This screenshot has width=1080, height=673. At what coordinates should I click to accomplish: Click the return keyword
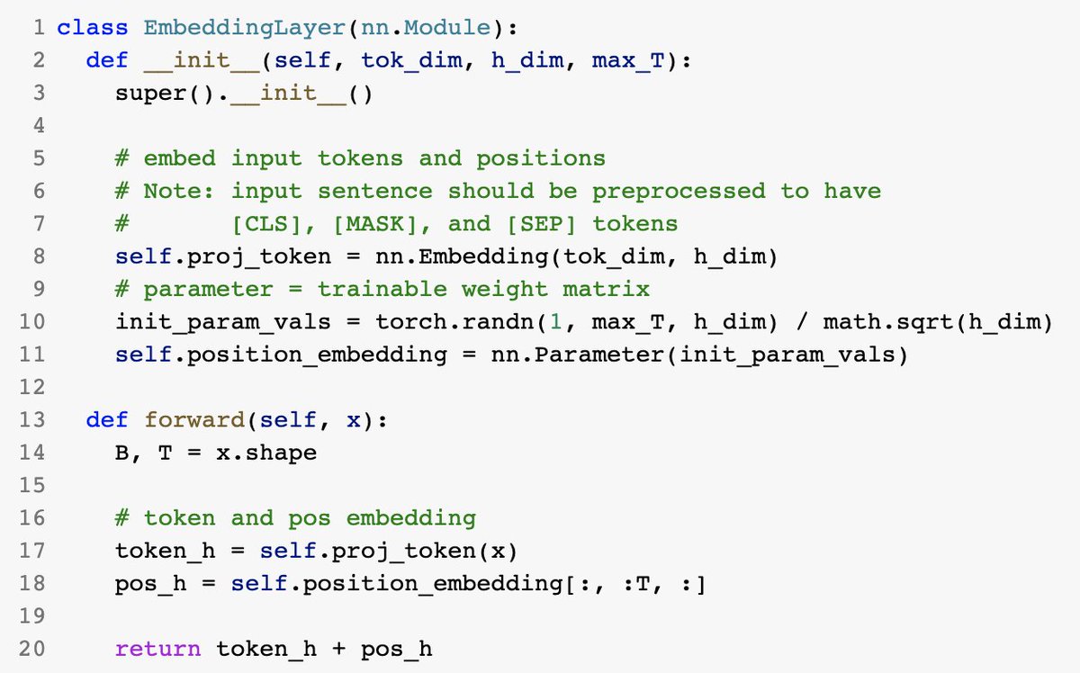pyautogui.click(x=158, y=648)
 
